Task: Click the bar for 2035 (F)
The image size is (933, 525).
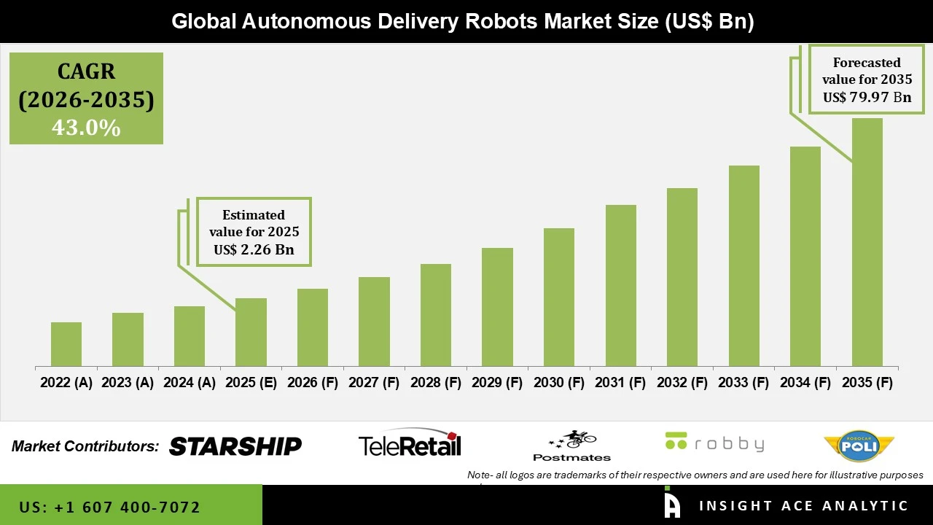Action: click(x=867, y=242)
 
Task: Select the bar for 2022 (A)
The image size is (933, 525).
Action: click(x=66, y=344)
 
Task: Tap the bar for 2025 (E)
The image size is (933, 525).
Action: click(x=251, y=332)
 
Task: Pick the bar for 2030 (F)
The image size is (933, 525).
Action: click(x=558, y=297)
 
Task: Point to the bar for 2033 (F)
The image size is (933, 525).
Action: click(x=743, y=265)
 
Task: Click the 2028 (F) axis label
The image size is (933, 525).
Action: click(x=436, y=383)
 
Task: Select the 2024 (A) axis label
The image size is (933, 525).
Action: click(x=190, y=383)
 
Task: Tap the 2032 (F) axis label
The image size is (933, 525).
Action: click(x=682, y=383)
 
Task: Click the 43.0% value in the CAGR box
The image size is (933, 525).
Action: click(x=86, y=128)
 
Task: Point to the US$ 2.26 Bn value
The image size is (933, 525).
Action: click(x=254, y=250)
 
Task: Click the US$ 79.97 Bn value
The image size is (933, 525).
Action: click(x=867, y=97)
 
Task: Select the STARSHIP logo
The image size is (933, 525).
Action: click(x=235, y=446)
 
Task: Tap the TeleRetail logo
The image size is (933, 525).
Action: click(x=410, y=443)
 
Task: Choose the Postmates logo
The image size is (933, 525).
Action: click(x=572, y=446)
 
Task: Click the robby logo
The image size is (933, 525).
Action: click(x=714, y=443)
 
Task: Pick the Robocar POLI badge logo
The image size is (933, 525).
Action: click(x=859, y=446)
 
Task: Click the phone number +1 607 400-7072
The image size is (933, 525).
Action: click(x=127, y=507)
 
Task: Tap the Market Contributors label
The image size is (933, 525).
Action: click(x=85, y=446)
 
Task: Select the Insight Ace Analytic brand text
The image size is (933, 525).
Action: click(x=803, y=506)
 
